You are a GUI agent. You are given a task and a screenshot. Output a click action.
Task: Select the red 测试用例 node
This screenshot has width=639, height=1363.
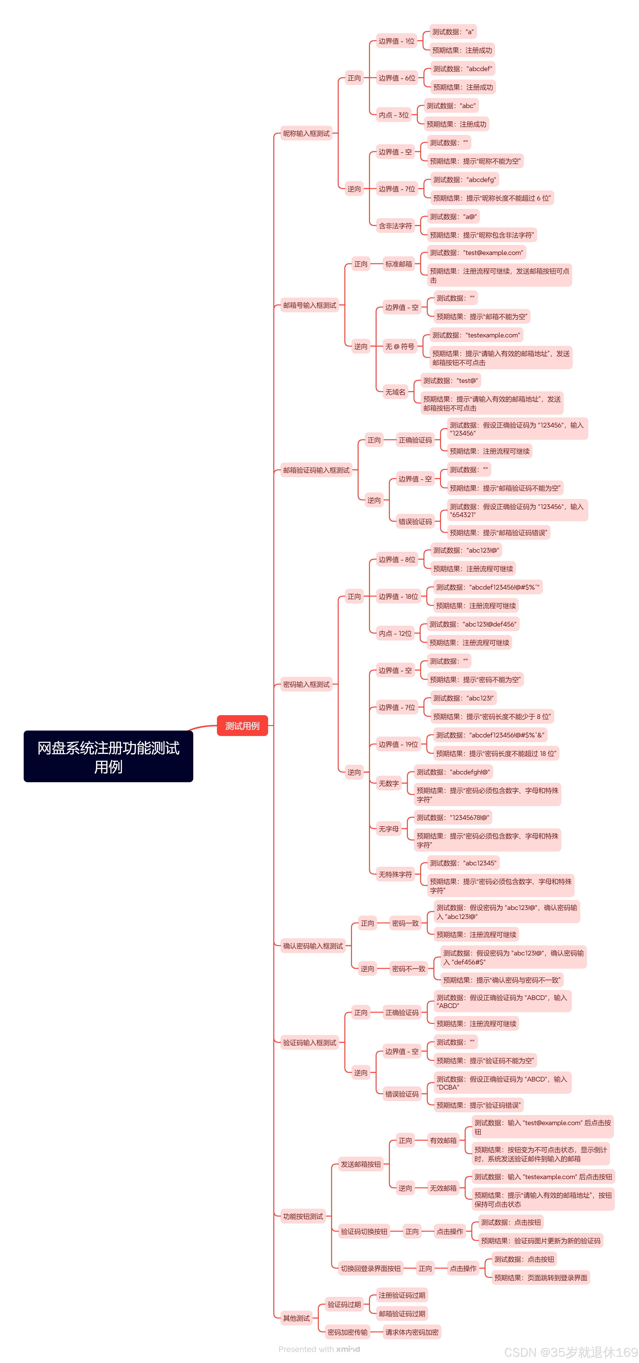coord(242,725)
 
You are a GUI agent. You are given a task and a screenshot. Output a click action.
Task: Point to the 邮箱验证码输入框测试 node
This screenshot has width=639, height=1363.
coord(316,470)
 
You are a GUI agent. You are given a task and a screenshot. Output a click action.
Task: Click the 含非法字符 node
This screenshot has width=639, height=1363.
coord(395,226)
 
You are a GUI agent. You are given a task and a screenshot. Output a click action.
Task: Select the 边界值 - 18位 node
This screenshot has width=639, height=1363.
coord(398,596)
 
